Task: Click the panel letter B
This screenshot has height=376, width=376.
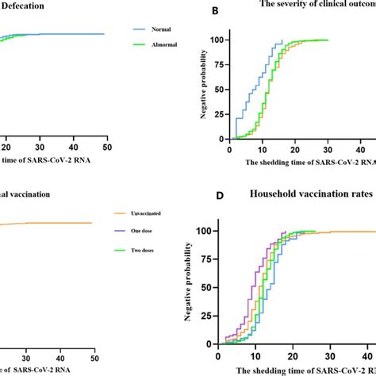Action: point(191,13)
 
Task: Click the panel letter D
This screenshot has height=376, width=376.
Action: point(191,193)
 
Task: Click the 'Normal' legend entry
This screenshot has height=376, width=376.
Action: point(163,29)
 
